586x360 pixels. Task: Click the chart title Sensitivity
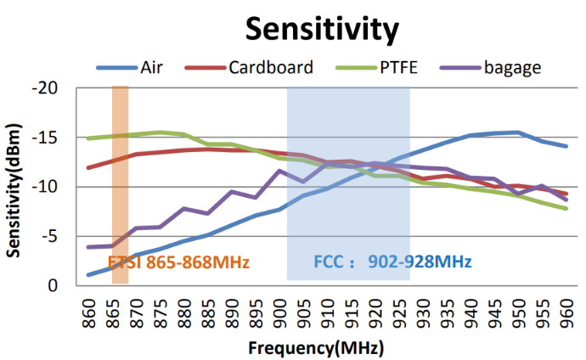coord(321,29)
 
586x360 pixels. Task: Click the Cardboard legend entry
coord(271,67)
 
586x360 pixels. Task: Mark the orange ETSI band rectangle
coord(120,170)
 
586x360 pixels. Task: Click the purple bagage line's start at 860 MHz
coord(88,247)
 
